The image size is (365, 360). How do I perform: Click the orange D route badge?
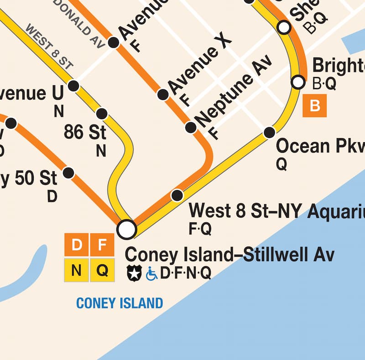[x=76, y=246]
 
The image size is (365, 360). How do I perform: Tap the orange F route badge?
[x=102, y=246]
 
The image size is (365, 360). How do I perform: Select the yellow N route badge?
[x=76, y=270]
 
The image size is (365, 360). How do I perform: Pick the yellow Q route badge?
[x=102, y=270]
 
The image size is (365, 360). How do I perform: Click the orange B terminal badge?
[x=315, y=106]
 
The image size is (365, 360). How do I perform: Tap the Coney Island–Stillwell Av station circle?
[x=126, y=229]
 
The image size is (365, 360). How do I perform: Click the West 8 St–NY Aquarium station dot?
[x=177, y=195]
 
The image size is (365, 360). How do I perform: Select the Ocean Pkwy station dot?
[x=270, y=133]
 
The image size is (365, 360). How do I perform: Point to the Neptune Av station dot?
[x=191, y=128]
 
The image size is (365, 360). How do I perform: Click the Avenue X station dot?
[x=163, y=95]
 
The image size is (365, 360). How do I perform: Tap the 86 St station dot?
[x=102, y=113]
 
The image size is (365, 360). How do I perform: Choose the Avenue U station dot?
[x=73, y=86]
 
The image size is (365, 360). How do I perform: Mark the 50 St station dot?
[x=68, y=173]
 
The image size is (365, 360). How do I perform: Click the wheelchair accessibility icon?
[x=151, y=273]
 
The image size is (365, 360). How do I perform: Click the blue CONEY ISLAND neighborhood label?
[x=120, y=303]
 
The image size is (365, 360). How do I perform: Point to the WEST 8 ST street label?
[x=49, y=47]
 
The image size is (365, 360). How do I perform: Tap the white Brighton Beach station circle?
[x=298, y=82]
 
